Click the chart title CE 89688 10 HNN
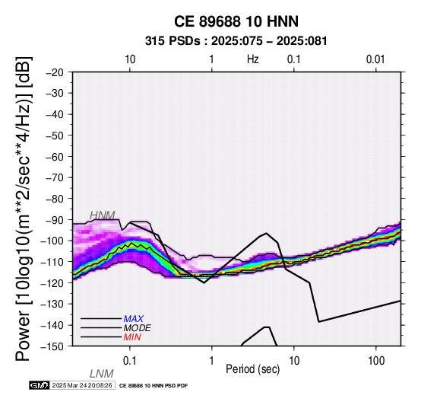tap(236, 21)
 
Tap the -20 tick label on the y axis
tap(55, 72)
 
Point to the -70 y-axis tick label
tap(55, 178)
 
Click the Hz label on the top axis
tap(252, 59)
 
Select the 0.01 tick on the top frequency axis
tap(375, 59)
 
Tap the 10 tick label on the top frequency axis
tap(130, 59)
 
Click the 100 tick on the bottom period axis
tap(376, 361)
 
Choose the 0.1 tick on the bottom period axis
tap(130, 361)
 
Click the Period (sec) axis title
tap(252, 369)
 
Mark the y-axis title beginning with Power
tap(24, 209)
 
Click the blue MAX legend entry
tap(134, 319)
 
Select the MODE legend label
tap(138, 328)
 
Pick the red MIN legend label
tap(132, 337)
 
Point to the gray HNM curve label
tap(103, 215)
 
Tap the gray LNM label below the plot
tap(102, 374)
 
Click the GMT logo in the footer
tap(40, 385)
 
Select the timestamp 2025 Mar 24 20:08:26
tap(82, 385)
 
